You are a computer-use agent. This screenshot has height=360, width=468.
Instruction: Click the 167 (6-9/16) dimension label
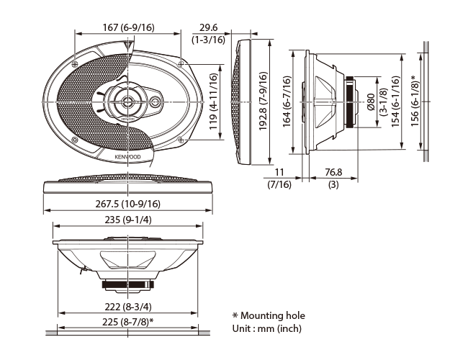point(129,28)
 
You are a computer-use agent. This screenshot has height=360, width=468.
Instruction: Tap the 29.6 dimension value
point(208,28)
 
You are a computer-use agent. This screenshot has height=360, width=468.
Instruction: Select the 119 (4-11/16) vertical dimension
point(213,102)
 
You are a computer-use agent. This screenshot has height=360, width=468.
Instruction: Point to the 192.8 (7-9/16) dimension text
point(263,101)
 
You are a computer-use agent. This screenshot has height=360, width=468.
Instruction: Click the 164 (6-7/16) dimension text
point(287,102)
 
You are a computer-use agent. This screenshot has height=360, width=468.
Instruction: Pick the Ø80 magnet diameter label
point(371,102)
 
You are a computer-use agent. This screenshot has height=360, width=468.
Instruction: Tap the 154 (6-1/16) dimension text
point(395,102)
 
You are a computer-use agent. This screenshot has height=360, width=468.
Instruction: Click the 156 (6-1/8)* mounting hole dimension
point(415,101)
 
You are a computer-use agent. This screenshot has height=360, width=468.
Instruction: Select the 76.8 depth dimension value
point(333,173)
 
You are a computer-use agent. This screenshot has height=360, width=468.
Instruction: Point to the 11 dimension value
point(279,173)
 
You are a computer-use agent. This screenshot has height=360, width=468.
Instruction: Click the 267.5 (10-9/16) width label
point(127,204)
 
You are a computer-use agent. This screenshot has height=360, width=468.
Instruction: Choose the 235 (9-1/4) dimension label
point(128,220)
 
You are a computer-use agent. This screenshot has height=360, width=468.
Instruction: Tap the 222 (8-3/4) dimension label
point(128,307)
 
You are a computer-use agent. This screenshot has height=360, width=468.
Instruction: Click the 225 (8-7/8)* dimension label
point(128,322)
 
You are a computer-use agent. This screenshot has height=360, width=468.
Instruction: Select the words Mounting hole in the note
point(273,316)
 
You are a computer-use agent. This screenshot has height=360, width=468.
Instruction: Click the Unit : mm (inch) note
point(267,328)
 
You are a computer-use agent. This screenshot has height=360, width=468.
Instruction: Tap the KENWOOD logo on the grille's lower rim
point(127,157)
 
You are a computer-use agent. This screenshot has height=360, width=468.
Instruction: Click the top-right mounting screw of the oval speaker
point(181,63)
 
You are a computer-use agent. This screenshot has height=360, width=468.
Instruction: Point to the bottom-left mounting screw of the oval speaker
point(75,140)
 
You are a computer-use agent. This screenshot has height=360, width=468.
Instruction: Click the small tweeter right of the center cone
point(155,102)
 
